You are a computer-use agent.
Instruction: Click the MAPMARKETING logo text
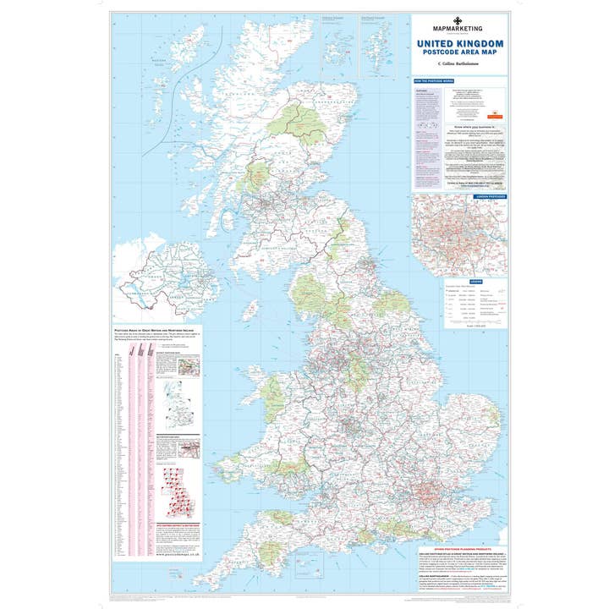coord(460,29)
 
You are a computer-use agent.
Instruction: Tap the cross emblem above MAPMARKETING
coord(460,20)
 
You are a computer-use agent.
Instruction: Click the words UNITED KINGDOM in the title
coord(460,43)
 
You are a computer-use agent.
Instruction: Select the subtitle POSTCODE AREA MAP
coord(460,52)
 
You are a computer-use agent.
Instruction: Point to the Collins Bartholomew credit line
coord(460,63)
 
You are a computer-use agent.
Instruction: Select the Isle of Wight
coord(370,536)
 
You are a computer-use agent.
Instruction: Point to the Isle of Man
coord(250,310)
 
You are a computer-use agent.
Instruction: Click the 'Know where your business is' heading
coord(459,129)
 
